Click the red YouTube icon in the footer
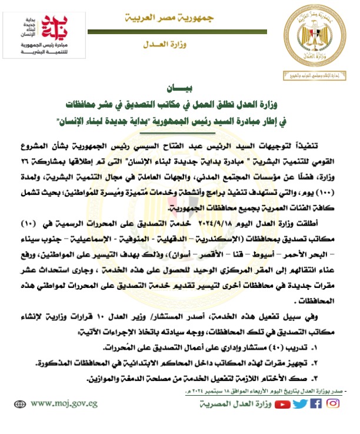pos(284,404)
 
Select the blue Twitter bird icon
pos(300,404)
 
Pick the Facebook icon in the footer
pos(316,404)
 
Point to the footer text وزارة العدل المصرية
pos(236,405)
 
